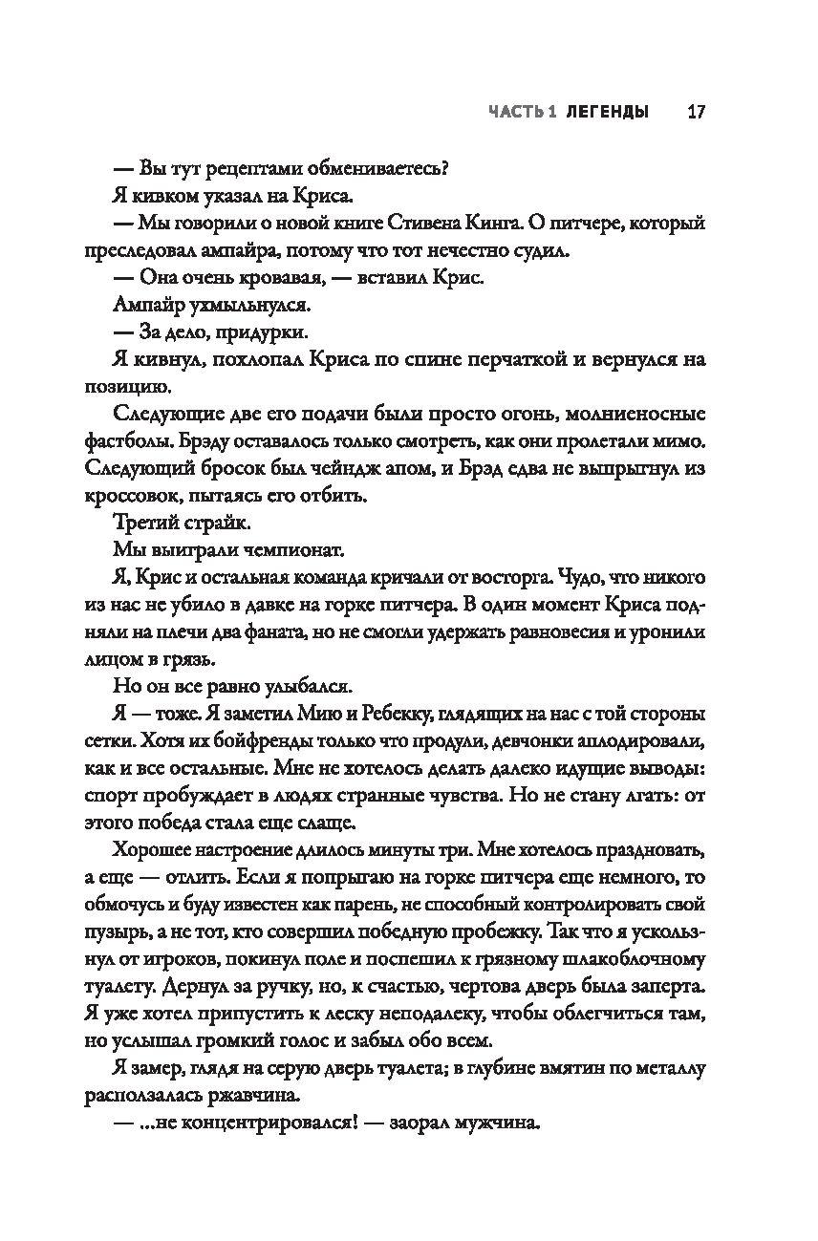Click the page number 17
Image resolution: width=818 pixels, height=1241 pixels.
tap(695, 112)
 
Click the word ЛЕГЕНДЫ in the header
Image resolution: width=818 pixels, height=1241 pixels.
tap(606, 112)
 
